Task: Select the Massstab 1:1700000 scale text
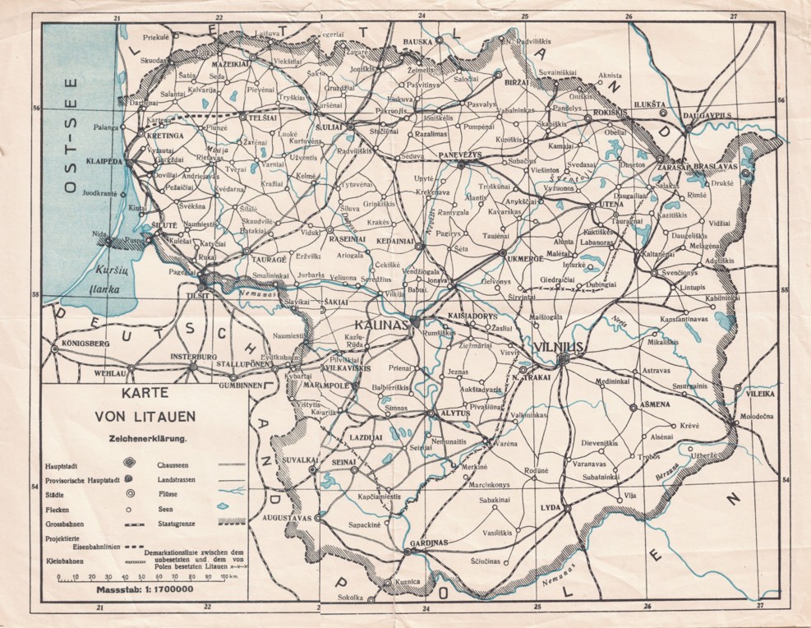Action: coord(144,589)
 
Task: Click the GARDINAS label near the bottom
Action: coord(427,543)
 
